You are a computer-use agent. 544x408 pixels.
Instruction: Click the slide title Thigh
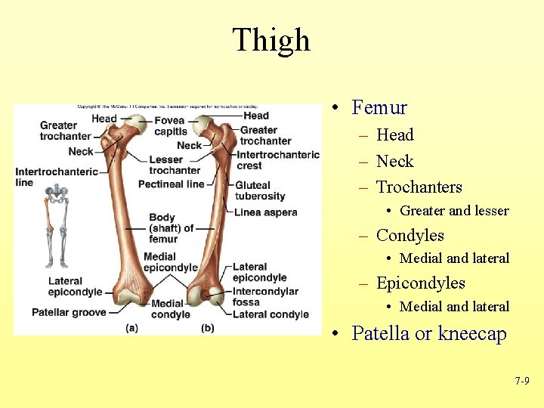[271, 40]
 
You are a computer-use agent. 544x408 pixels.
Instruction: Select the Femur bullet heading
[379, 108]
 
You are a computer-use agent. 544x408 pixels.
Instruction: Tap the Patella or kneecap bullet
[428, 333]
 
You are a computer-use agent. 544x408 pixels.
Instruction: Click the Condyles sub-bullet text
[410, 236]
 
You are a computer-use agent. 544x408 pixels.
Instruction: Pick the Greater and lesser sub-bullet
[454, 211]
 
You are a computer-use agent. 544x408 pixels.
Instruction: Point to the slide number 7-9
[521, 382]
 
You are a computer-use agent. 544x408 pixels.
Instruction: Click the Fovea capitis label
[170, 125]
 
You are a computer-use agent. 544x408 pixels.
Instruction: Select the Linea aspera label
[265, 212]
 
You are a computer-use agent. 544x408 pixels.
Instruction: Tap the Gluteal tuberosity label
[260, 190]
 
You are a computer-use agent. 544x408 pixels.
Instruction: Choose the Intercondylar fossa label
[264, 297]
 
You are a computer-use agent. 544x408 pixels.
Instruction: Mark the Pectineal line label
[172, 184]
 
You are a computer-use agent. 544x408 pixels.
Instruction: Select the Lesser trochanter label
[175, 165]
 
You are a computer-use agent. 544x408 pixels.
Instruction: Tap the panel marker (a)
[132, 328]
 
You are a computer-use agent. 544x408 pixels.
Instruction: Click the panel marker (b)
[208, 328]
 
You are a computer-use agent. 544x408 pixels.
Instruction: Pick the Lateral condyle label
[270, 314]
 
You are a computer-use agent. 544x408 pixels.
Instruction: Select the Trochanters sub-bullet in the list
[419, 187]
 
